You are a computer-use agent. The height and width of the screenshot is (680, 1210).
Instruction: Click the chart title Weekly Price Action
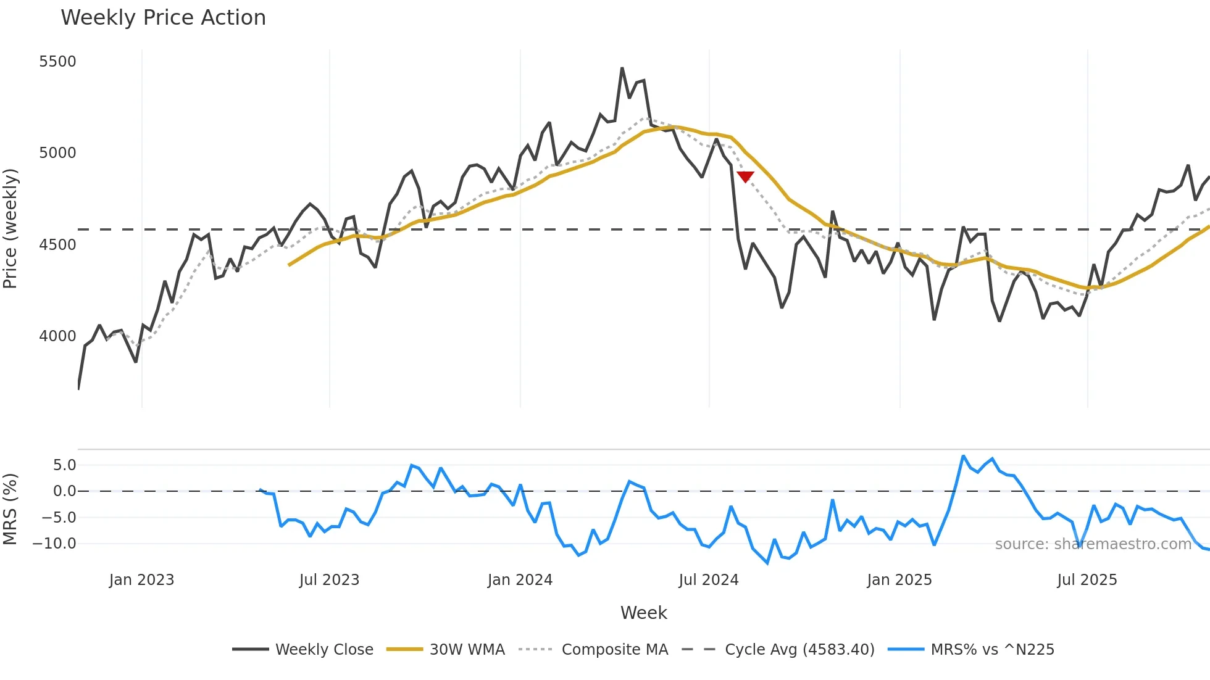163,18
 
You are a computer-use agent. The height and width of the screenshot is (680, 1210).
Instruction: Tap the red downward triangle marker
746,177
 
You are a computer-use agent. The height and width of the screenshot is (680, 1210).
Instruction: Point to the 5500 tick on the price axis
57,62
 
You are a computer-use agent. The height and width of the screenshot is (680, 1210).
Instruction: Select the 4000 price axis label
57,336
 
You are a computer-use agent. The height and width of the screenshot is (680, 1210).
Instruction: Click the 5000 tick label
57,153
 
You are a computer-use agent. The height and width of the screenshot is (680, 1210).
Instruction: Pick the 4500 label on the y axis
57,245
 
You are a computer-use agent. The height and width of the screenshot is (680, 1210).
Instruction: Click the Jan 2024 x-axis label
520,580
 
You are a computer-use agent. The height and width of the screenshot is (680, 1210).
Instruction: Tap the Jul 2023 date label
329,580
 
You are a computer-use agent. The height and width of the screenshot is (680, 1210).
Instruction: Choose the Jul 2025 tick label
1087,580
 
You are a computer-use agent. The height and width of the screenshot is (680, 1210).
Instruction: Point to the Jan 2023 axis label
141,580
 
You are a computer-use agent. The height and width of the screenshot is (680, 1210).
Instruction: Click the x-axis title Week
643,613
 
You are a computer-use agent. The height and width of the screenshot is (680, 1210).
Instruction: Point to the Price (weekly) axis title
10,228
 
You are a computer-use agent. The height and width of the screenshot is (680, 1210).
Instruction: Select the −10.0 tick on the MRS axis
54,544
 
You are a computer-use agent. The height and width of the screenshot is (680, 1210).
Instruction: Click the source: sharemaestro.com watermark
1093,544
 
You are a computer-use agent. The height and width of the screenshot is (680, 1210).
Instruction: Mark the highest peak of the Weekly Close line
622,68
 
